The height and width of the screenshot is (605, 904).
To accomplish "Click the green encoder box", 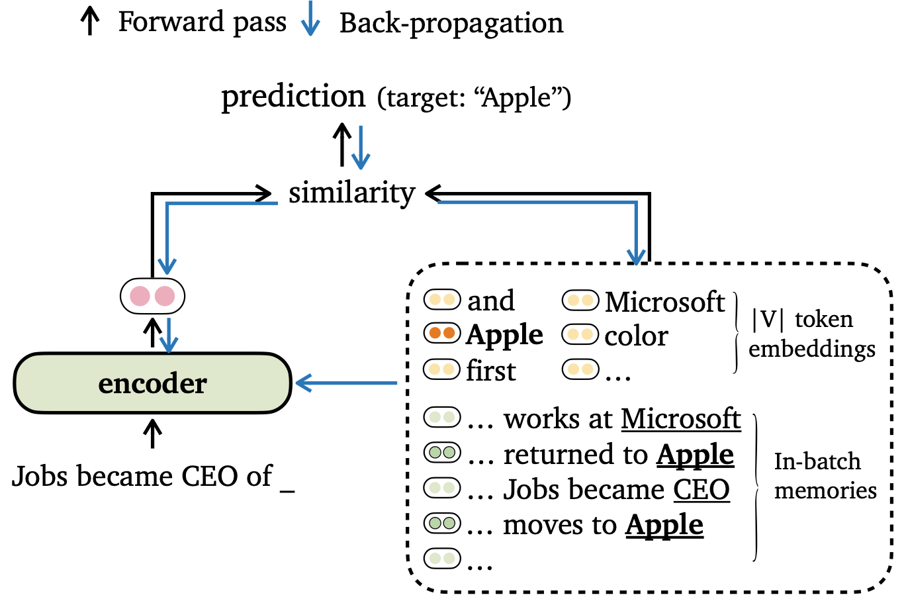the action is tap(153, 383).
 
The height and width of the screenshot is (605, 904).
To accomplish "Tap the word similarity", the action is tap(352, 193).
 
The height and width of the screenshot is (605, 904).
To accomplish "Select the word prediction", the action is tap(293, 97).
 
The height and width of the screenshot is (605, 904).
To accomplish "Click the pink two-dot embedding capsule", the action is tap(153, 296).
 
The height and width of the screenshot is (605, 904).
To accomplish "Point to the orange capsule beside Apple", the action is tap(442, 334).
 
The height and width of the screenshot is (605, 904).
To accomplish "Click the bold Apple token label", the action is tap(504, 335).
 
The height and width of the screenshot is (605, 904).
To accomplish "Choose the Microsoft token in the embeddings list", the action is tap(664, 301).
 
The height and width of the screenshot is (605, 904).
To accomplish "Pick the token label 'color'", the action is tap(636, 336).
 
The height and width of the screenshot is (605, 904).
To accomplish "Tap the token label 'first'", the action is tap(491, 371).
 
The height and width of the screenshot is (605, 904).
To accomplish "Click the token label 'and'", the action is tap(491, 301).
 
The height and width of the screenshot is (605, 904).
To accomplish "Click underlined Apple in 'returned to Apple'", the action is tap(695, 455).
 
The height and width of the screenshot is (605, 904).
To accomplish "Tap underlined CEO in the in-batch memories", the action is tap(701, 490).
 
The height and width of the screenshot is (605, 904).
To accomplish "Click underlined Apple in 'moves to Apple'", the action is tap(664, 525).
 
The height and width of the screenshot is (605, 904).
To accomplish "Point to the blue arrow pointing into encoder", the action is tap(346, 383).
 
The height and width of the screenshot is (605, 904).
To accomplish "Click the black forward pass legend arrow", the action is tap(90, 22).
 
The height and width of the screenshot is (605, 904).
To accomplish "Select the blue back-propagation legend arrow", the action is tap(310, 19).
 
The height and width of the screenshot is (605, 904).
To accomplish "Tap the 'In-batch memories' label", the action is tap(825, 476).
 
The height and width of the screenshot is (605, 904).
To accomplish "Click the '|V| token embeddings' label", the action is tap(811, 334).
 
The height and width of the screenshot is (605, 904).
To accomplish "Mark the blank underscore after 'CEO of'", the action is tap(287, 491).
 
